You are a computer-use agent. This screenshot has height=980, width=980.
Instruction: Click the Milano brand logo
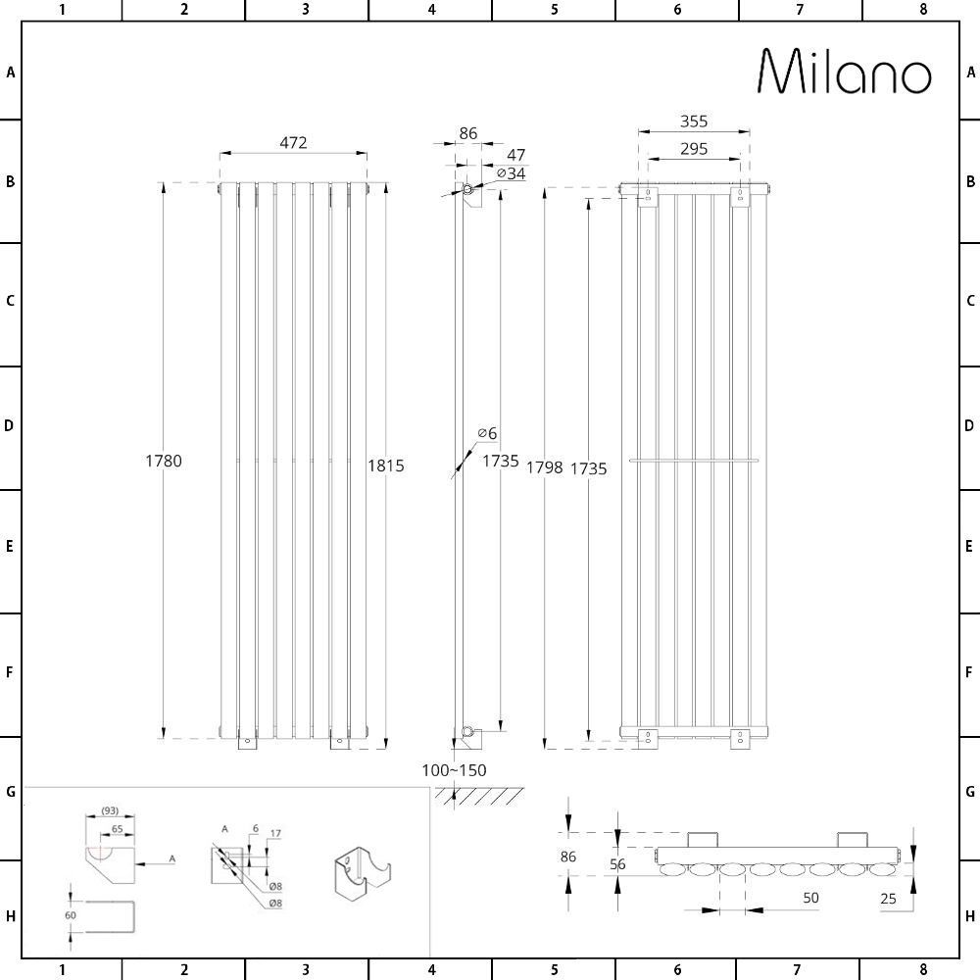(x=845, y=72)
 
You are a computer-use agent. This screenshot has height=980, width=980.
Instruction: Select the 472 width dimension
(x=293, y=142)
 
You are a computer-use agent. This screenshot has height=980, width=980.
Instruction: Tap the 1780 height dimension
(x=164, y=461)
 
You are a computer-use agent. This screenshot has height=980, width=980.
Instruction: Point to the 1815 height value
(x=386, y=465)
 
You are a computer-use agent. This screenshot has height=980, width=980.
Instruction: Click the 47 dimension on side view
(x=515, y=155)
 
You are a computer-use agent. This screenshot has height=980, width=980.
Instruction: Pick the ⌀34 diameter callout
(x=511, y=173)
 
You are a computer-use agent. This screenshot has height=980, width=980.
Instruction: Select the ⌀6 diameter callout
(x=487, y=433)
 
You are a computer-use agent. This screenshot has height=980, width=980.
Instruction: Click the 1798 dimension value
(x=544, y=467)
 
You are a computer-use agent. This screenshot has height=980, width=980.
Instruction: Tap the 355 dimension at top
(x=694, y=122)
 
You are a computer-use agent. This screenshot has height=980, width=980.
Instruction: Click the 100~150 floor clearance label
(x=454, y=770)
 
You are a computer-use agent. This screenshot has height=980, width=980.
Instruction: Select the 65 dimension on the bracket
(x=117, y=829)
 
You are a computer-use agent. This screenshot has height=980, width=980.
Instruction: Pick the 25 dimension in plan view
(x=889, y=899)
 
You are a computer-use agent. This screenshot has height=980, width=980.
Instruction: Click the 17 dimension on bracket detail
(x=275, y=834)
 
